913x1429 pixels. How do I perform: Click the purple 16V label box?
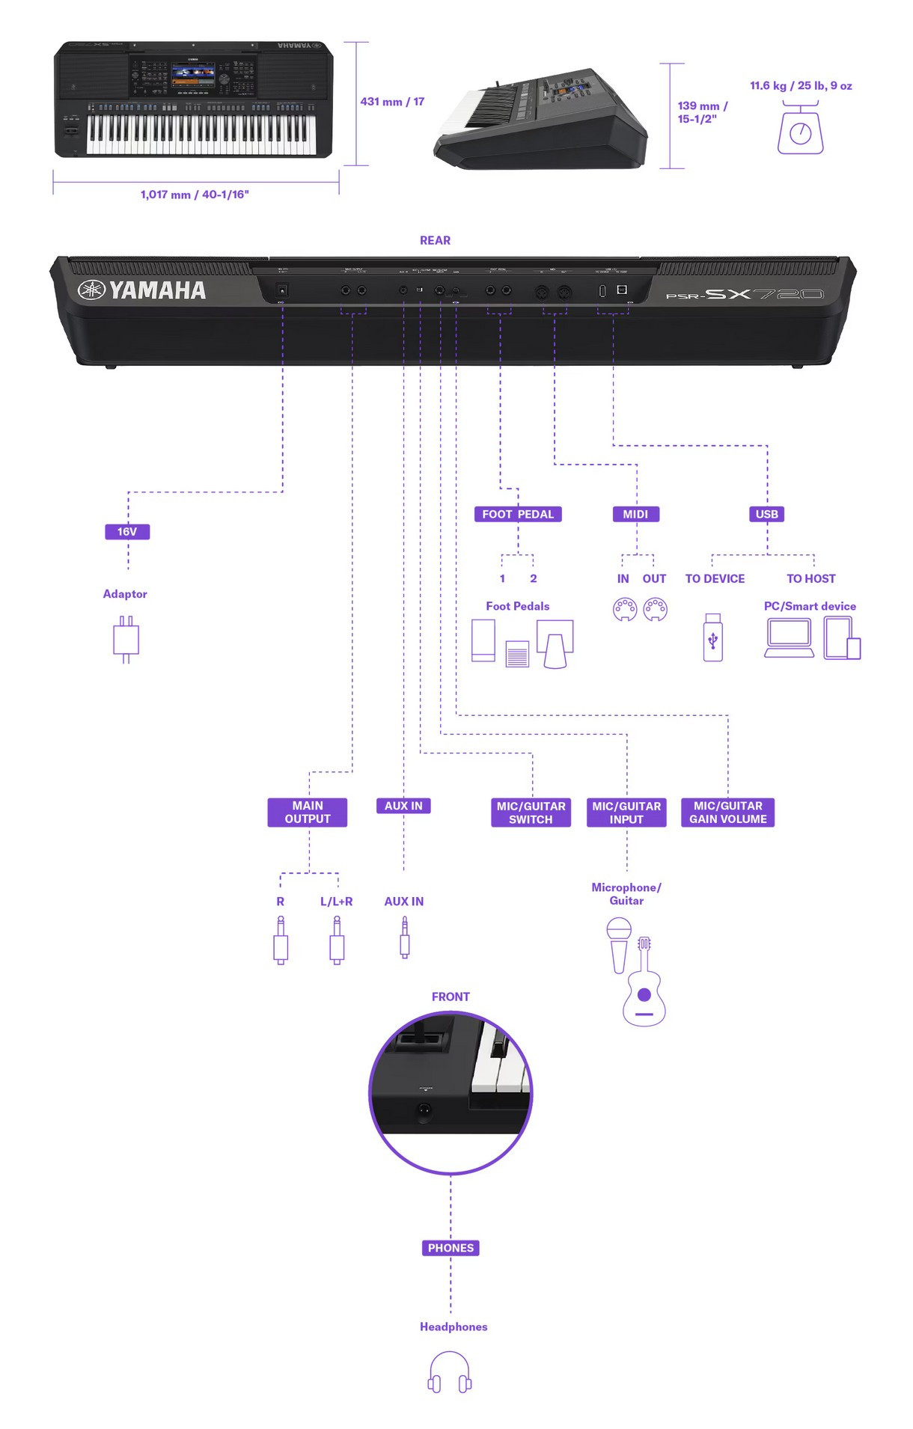[x=127, y=532]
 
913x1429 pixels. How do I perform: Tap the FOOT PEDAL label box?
[x=518, y=514]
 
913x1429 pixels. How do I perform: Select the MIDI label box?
[x=635, y=514]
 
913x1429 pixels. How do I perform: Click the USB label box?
[x=767, y=514]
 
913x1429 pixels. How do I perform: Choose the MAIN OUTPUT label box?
[x=308, y=813]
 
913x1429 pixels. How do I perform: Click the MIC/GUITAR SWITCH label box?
[x=531, y=813]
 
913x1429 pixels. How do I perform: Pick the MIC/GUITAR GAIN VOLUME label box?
[x=727, y=813]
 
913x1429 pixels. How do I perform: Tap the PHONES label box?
[x=451, y=1248]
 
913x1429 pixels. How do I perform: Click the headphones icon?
[x=450, y=1373]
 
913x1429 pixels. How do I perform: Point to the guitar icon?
[x=644, y=988]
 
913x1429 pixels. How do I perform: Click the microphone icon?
[x=619, y=944]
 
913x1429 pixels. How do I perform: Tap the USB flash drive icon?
[x=713, y=637]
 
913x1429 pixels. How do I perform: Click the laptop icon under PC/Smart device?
[x=789, y=639]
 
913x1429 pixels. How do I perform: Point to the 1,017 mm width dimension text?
[x=195, y=195]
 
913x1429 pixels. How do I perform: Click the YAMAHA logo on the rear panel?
[x=142, y=290]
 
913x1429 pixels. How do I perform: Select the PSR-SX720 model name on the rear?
[x=745, y=294]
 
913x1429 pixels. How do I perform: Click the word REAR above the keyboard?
[x=435, y=240]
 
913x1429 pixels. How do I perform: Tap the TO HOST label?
[x=810, y=578]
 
